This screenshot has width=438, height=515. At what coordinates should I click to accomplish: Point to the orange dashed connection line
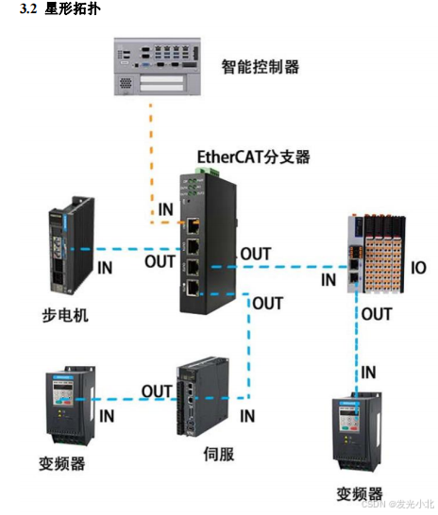(149, 160)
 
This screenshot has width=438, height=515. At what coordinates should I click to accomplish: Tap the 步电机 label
(66, 314)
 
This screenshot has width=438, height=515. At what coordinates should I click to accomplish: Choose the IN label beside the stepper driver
(105, 268)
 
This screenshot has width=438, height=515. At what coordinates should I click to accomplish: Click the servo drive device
(201, 399)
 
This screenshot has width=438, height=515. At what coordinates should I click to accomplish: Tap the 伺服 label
(218, 453)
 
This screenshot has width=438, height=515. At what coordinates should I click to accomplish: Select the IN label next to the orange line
(165, 208)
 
